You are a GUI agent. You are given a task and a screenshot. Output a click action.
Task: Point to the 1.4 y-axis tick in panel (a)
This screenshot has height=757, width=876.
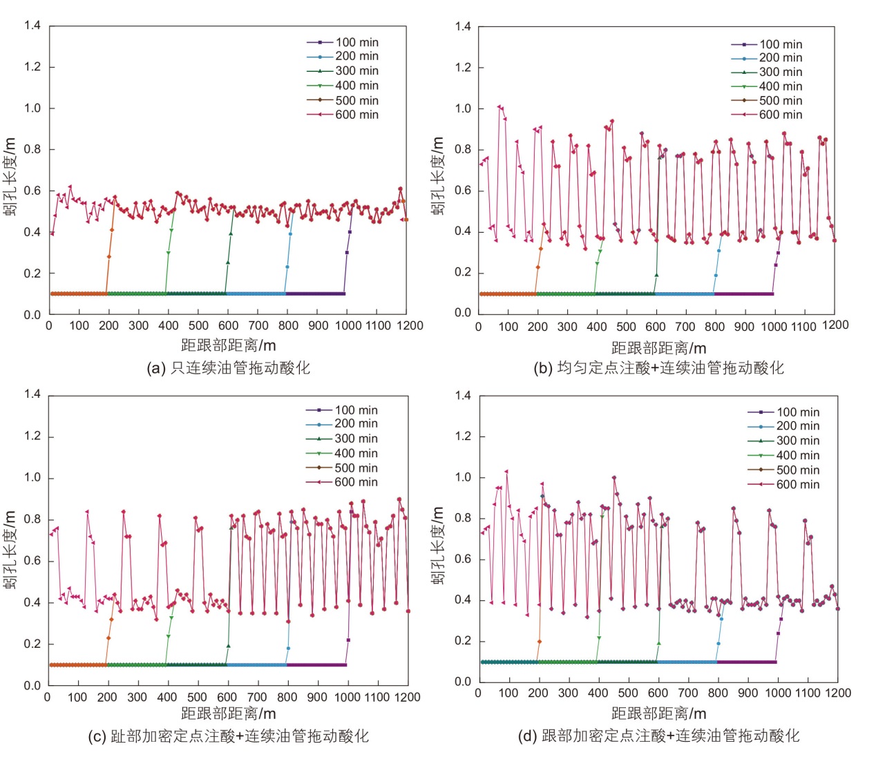[x=32, y=26]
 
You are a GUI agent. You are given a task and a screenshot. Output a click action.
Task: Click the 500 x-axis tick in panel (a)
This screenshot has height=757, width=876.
[x=198, y=325]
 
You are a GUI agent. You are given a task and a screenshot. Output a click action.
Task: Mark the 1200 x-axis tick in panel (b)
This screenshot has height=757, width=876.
[x=835, y=325]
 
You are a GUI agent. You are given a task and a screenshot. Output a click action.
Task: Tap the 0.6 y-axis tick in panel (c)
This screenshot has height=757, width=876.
[x=32, y=561]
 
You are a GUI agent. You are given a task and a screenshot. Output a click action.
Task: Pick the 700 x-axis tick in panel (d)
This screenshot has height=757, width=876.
[x=688, y=693]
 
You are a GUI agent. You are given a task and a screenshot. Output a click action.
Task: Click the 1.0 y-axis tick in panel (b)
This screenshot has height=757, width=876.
[x=463, y=108]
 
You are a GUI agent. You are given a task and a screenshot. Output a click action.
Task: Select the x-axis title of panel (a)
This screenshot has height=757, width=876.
[x=229, y=345]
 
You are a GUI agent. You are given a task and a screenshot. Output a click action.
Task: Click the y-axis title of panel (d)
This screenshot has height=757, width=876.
[x=437, y=546]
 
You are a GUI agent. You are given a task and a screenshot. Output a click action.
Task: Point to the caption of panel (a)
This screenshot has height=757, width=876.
[x=229, y=367]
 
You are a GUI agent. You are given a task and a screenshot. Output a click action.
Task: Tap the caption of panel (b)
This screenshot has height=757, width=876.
[x=658, y=367]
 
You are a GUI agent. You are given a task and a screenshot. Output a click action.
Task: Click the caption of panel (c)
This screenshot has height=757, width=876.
[x=229, y=736]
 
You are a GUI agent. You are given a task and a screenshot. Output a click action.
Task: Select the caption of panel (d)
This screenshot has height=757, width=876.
[x=658, y=736]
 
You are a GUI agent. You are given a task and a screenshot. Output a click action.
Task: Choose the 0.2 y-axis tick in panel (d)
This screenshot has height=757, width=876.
[x=463, y=641]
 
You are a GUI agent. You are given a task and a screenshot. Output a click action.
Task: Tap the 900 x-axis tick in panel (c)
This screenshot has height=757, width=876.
[x=317, y=697]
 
